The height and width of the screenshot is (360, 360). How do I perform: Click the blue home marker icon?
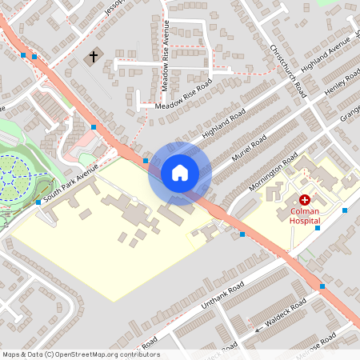click(x=180, y=173)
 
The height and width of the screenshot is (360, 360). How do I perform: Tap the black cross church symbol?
click(x=94, y=57)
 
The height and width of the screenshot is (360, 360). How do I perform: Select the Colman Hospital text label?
click(x=305, y=215)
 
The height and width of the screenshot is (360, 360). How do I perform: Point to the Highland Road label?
click(x=225, y=123)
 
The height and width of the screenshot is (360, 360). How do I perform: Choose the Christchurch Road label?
click(x=289, y=69)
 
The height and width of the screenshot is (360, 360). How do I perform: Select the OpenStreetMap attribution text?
click(x=80, y=354)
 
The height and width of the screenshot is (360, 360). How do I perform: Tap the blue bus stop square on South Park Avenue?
click(x=38, y=202)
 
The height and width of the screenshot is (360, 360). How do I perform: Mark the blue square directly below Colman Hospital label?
click(x=318, y=228)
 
